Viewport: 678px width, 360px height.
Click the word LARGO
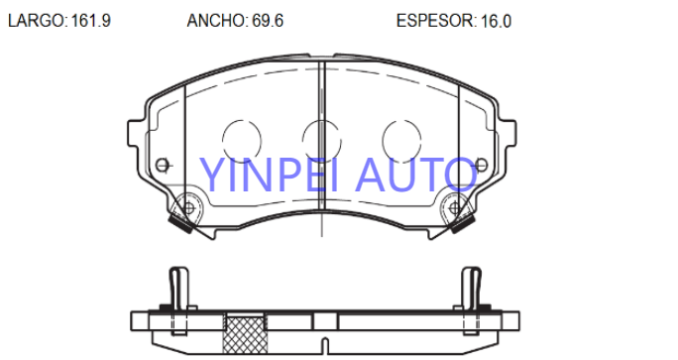37,21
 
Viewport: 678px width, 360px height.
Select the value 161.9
91,21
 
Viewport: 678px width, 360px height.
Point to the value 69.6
268,21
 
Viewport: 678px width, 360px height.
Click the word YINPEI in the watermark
269,175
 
